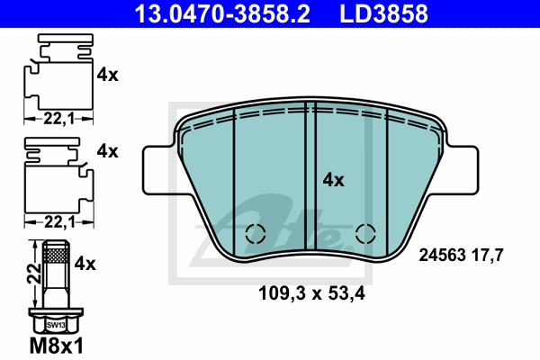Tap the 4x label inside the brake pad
click(333, 180)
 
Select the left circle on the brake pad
click(255, 233)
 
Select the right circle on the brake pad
click(364, 233)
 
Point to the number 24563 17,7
click(460, 256)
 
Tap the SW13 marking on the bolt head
click(57, 324)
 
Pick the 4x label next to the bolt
click(85, 264)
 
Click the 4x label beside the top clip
click(107, 76)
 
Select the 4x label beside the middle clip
click(107, 151)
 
